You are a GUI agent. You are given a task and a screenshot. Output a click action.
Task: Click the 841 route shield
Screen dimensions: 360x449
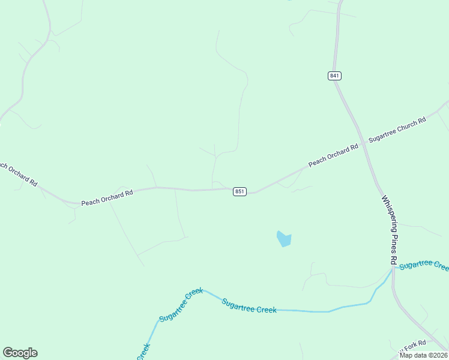(x=334, y=76)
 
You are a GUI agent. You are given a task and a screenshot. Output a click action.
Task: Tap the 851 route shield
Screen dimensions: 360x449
(x=240, y=191)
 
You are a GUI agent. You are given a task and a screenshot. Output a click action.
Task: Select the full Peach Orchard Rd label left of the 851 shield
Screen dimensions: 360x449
(x=107, y=198)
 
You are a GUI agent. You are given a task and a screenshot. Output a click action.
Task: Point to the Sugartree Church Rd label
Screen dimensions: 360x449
(x=397, y=129)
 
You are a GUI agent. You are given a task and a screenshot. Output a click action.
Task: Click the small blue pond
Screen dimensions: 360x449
(x=283, y=239)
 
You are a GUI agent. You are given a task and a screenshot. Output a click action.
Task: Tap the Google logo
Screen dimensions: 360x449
(x=20, y=353)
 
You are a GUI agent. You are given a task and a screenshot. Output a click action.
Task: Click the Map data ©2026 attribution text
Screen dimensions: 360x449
(x=424, y=355)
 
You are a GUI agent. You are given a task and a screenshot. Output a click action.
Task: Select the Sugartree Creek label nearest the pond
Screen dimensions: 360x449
(x=249, y=306)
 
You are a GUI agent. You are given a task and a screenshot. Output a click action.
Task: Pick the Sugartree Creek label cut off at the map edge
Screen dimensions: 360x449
(x=424, y=265)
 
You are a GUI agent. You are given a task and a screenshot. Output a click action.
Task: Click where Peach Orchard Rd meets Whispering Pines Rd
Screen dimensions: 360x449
(x=363, y=144)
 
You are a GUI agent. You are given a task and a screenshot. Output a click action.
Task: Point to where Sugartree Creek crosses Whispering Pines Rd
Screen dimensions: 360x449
(x=393, y=269)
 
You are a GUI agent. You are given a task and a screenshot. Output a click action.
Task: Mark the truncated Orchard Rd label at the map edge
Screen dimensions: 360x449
(x=18, y=174)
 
